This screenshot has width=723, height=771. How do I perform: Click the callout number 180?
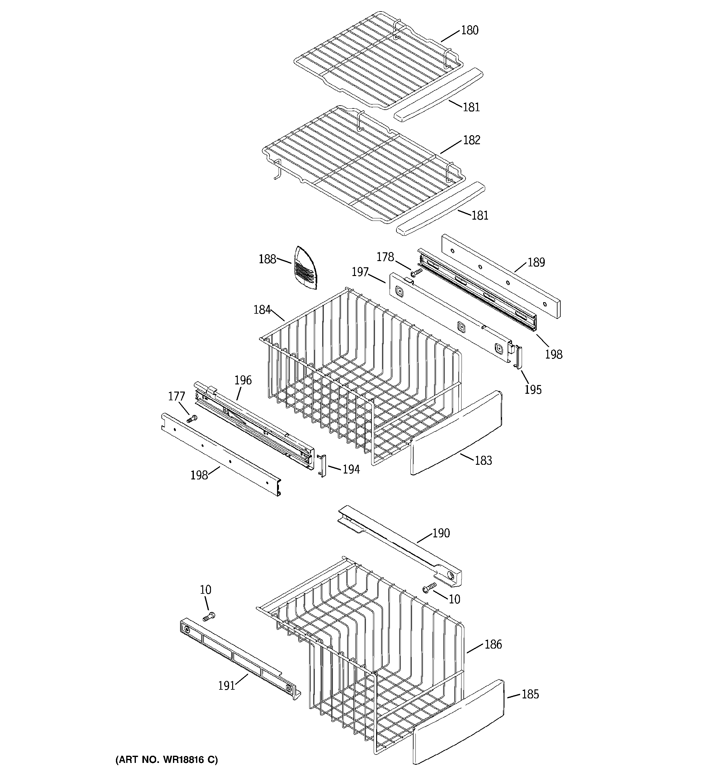click(470, 30)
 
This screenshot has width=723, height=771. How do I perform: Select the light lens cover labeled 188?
click(305, 267)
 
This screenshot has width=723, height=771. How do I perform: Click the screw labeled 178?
click(417, 272)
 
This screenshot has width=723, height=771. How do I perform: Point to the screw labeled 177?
click(192, 418)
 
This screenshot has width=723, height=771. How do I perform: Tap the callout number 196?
click(243, 380)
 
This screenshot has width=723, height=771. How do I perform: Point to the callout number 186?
click(493, 644)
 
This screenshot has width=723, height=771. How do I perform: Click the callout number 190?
click(441, 533)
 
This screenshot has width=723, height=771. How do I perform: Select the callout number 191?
click(227, 686)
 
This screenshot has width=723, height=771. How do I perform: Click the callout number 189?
click(536, 263)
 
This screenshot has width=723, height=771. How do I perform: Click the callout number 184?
click(262, 309)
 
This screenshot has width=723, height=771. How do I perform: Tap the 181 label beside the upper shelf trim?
click(471, 107)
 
